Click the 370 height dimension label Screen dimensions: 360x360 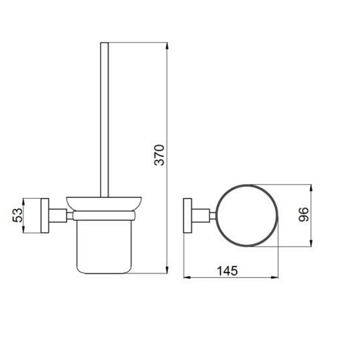[x=160, y=155]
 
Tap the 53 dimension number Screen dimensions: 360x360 [x=17, y=215]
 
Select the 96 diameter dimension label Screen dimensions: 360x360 [x=304, y=214]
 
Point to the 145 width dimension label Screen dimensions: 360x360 [x=227, y=271]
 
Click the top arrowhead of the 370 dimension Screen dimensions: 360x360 [x=167, y=46]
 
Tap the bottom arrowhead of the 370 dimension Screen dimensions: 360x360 [x=167, y=270]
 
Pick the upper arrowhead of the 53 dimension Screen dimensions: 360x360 [x=23, y=202]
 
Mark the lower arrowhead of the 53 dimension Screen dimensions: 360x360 [x=23, y=229]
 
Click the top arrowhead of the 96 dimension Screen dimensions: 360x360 [x=311, y=188]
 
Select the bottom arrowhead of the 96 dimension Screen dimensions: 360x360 [x=311, y=243]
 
